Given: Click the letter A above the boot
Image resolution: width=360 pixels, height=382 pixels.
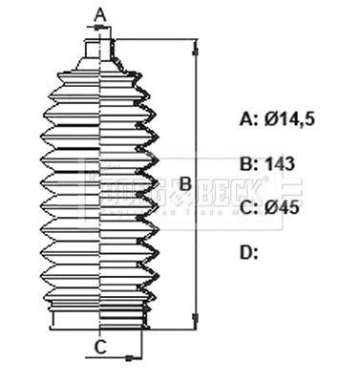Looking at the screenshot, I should click(100, 13).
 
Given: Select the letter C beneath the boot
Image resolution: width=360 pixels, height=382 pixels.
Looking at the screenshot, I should click(99, 347).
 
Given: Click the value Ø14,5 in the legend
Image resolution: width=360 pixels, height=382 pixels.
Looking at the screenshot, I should click(290, 119).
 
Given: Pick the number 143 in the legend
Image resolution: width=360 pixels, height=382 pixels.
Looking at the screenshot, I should click(279, 164).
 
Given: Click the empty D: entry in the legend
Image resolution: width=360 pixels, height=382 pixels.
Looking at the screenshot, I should click(248, 253).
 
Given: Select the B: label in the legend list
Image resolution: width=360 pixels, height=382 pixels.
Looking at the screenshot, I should click(247, 164).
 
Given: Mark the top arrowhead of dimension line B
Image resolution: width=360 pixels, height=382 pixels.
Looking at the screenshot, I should click(198, 46).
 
